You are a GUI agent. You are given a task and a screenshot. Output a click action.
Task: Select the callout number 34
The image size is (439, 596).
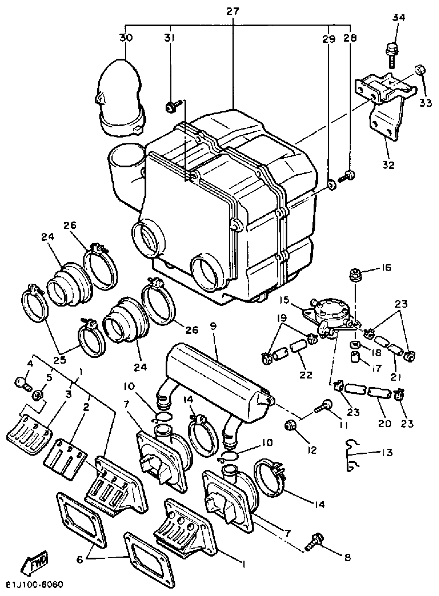399,18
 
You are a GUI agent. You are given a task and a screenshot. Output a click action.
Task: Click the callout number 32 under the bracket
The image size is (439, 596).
388,165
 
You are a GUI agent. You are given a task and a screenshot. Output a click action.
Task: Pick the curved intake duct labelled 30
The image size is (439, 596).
120,98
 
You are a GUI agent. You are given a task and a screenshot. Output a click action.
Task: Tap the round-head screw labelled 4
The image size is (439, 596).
20,384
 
